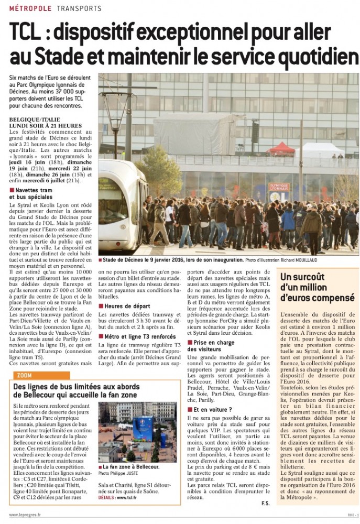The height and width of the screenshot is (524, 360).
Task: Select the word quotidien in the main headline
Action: (310, 56)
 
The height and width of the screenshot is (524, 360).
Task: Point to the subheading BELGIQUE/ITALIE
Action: (34, 119)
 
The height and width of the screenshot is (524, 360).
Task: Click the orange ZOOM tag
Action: (24, 376)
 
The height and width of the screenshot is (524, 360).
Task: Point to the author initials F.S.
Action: (265, 504)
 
